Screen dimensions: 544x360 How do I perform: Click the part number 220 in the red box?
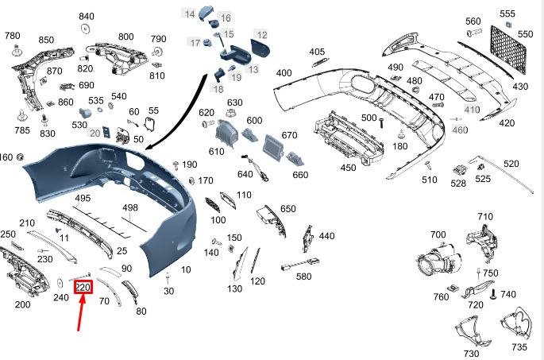point(83,288)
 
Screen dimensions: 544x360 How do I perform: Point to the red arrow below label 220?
point(80,312)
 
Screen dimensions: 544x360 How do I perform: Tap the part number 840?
point(87,17)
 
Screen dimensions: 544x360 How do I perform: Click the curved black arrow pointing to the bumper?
point(184,111)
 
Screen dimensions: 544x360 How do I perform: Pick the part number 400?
point(284,73)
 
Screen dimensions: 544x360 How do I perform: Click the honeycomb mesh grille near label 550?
point(508,48)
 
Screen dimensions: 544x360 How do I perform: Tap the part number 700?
point(438,234)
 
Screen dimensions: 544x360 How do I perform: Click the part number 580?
point(303,277)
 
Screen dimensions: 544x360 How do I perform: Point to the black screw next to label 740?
point(493,295)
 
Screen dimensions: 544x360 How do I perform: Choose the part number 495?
point(83,198)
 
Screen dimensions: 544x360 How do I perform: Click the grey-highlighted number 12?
point(262,35)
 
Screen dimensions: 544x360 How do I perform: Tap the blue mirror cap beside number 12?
point(260,49)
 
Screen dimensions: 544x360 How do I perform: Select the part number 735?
point(519,346)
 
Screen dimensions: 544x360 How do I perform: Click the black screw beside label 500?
point(382,123)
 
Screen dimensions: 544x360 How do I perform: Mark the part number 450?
point(348,168)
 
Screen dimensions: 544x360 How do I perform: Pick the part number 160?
point(6,157)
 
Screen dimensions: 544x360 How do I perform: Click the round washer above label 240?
point(60,283)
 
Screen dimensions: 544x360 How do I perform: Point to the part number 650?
point(288,209)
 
